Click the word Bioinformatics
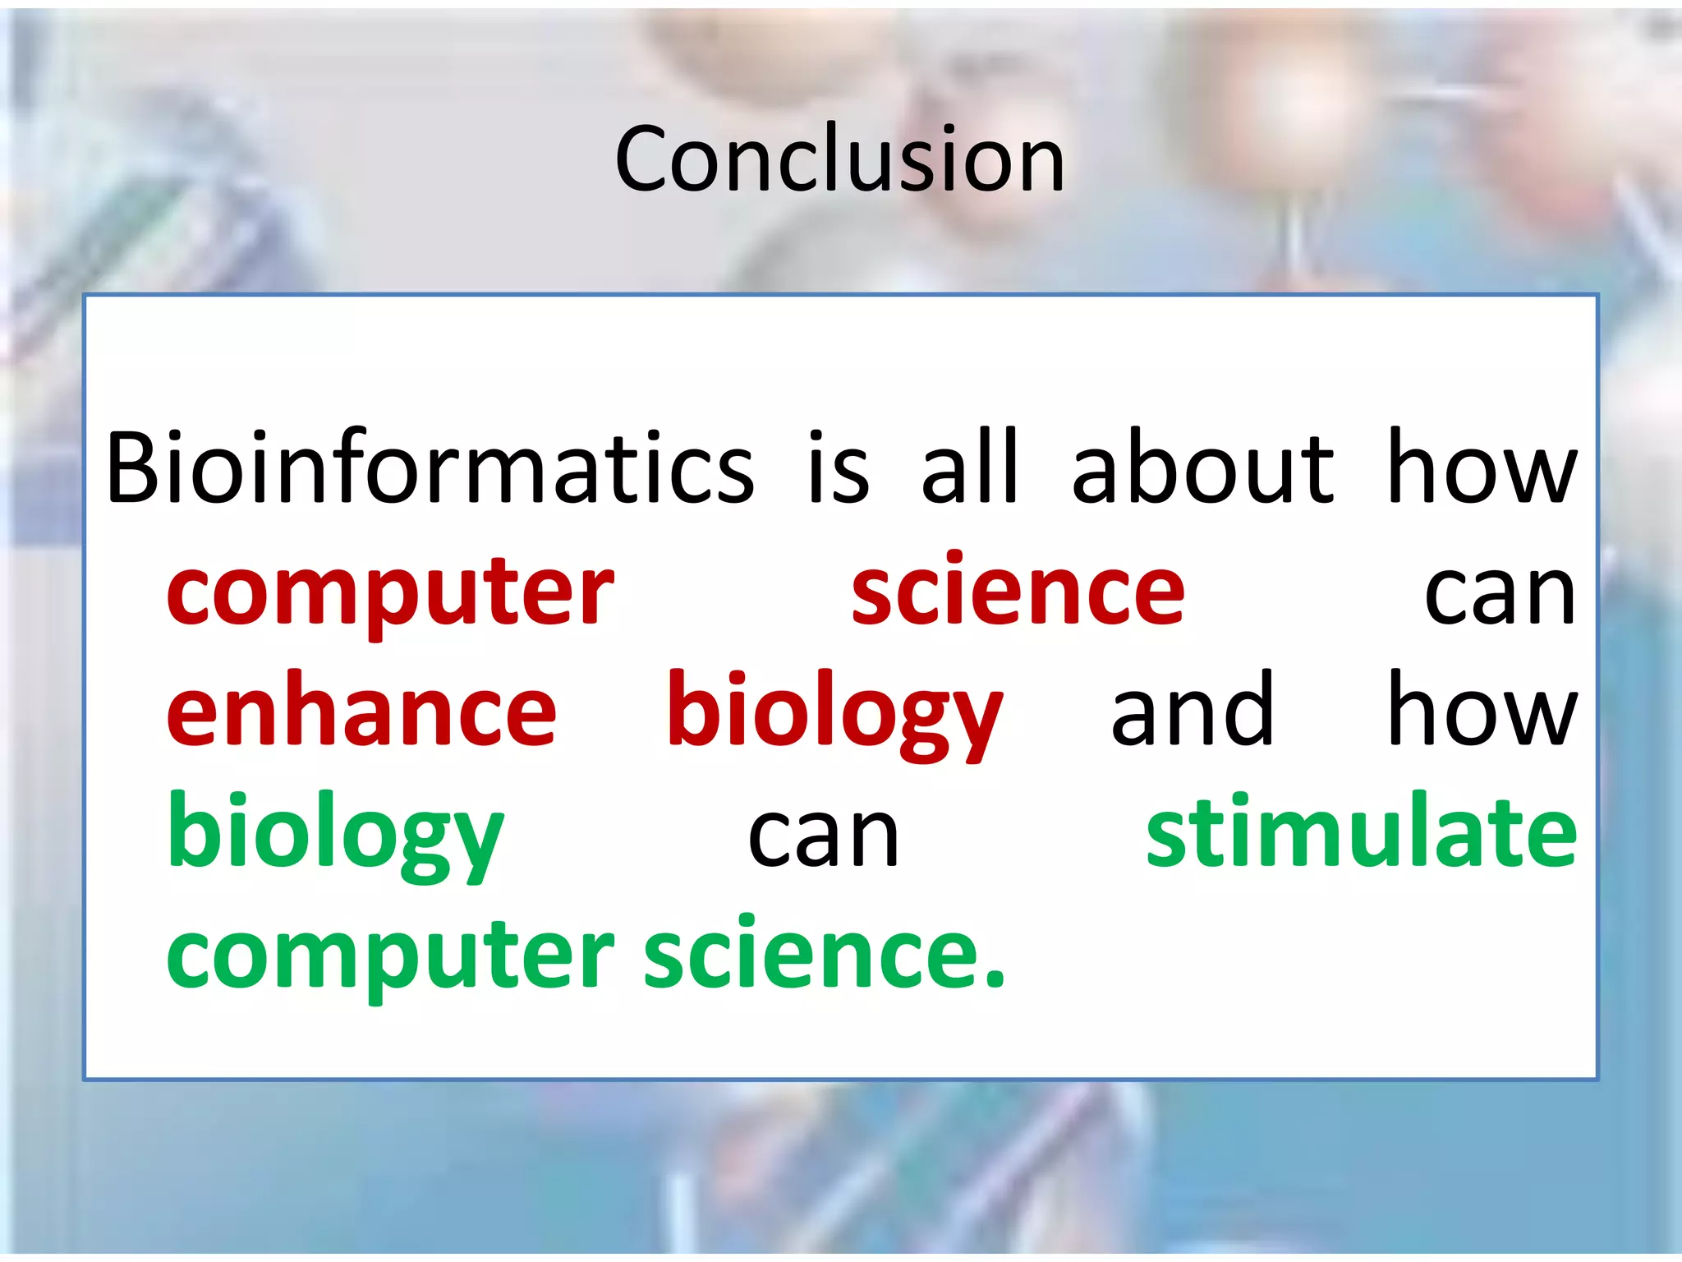(x=429, y=468)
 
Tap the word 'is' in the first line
(x=838, y=468)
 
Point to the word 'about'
(x=1203, y=468)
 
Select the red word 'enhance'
(x=361, y=711)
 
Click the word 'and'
(x=1193, y=711)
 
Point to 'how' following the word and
(x=1482, y=711)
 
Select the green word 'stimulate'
(x=1362, y=831)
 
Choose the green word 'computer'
(x=390, y=957)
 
